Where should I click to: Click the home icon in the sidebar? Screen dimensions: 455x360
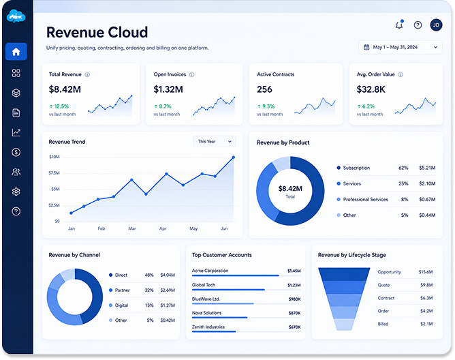tap(16, 52)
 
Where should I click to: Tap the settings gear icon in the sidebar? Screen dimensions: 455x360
tap(16, 192)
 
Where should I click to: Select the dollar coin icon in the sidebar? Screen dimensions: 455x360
tap(16, 152)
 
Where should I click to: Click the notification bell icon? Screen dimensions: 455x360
tap(400, 25)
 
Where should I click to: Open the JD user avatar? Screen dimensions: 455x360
tap(436, 25)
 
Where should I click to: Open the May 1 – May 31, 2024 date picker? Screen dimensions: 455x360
tap(401, 47)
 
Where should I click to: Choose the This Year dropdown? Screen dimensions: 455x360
tap(215, 142)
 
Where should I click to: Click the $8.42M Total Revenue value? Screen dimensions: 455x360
tap(65, 89)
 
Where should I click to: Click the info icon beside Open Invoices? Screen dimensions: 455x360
tap(192, 75)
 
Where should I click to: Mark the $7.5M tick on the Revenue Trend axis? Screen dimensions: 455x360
tap(54, 173)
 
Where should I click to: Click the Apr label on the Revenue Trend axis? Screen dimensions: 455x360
tap(163, 228)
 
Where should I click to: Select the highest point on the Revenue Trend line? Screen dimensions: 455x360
tap(234, 157)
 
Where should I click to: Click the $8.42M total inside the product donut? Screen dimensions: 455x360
tap(290, 189)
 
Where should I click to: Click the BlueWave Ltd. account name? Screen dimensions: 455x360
tap(206, 299)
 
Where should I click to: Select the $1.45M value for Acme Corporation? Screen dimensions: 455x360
tap(294, 271)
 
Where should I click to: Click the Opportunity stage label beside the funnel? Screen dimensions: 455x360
tap(389, 272)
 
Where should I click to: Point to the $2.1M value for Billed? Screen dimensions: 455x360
tap(426, 324)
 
